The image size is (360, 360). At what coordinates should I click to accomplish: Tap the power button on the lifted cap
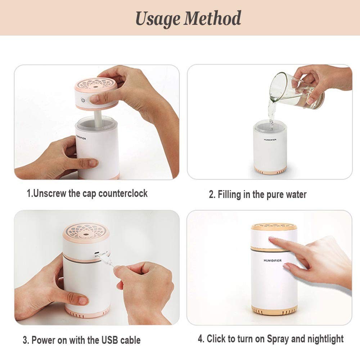pos(84,100)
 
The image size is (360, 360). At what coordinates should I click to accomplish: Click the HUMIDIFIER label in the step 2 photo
pos(270,139)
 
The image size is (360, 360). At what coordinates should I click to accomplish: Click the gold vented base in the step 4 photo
pos(274,310)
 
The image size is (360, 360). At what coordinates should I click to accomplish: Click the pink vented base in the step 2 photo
pos(270,170)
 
